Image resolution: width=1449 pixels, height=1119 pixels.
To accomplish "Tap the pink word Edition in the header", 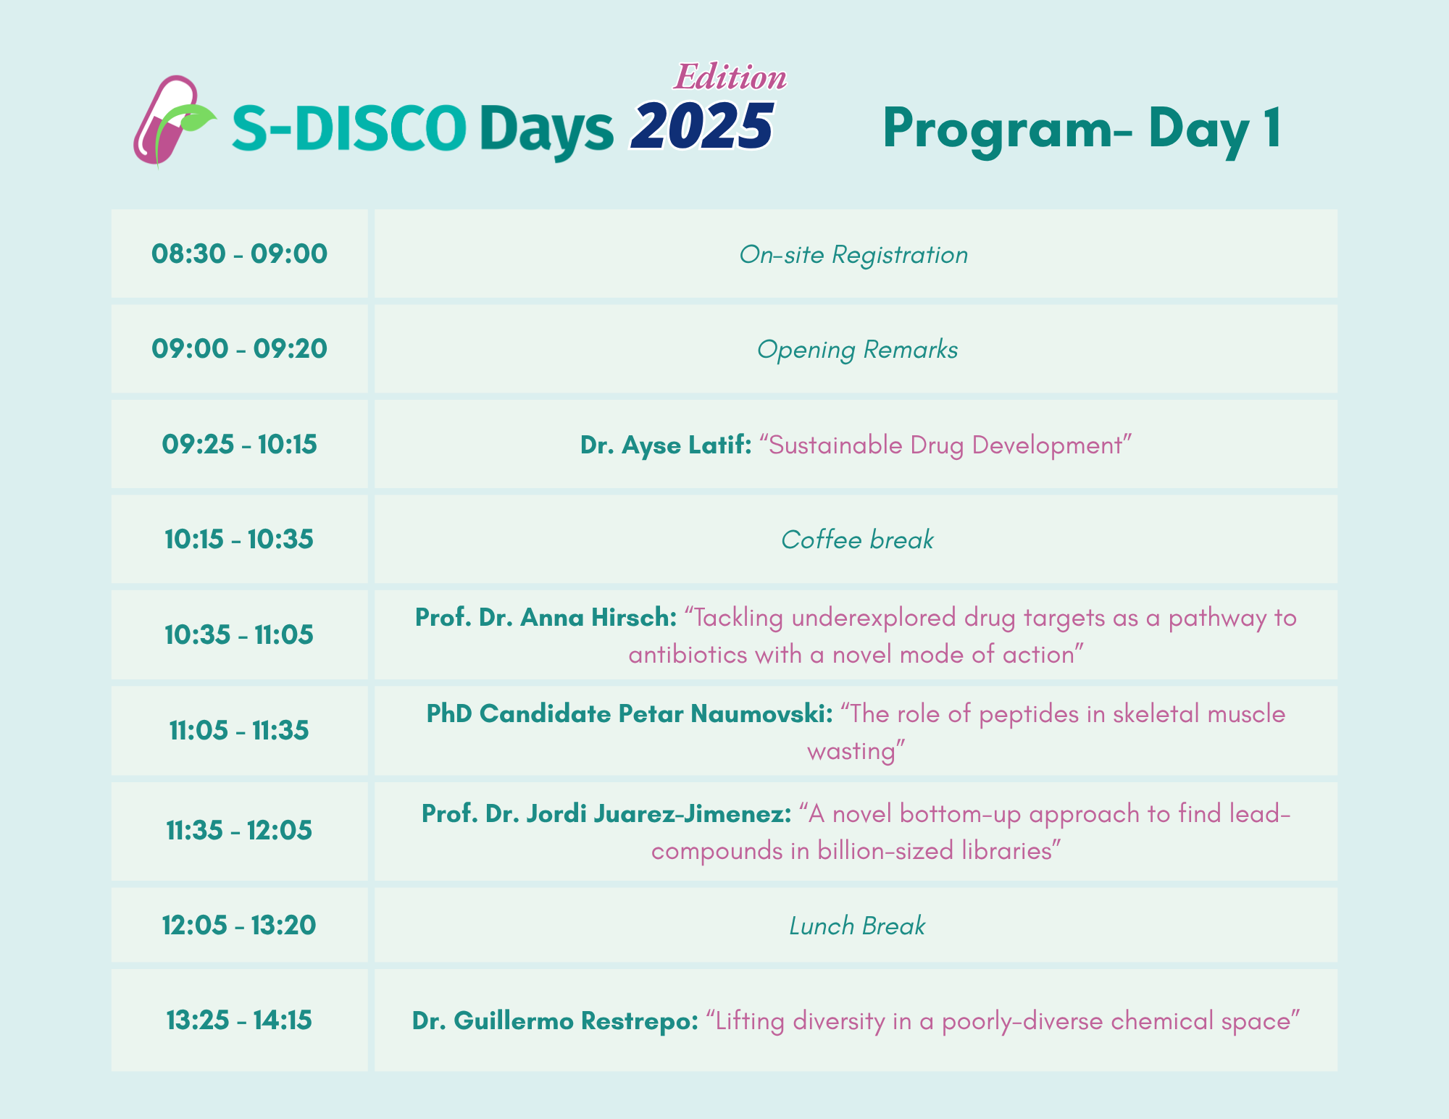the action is pos(730,77).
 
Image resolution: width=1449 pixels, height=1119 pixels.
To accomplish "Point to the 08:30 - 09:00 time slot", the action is pos(239,254).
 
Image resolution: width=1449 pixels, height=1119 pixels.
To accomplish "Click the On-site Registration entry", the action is pos(853,255).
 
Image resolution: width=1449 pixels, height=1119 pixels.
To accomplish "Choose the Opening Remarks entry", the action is pos(857,350).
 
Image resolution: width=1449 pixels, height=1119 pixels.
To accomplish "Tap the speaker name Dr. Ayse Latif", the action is pos(666,445).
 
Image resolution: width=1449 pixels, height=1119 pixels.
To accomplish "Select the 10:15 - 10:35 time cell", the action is pos(239,540).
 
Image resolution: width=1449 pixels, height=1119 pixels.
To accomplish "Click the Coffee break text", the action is pos(857,540).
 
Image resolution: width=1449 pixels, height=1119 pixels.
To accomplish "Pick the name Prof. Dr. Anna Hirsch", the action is pos(546,618).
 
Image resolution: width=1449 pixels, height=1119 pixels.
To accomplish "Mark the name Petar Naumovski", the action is pos(725,714).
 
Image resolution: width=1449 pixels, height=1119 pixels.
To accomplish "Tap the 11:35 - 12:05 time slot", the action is pos(239,830).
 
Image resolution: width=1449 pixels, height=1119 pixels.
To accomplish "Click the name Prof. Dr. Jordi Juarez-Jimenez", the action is pos(606,814).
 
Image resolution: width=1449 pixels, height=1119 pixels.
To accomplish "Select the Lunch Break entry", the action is pos(857,926).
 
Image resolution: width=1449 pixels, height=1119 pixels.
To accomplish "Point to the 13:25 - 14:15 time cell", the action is pos(239,1020).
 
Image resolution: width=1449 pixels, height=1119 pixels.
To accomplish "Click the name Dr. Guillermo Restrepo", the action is pos(555,1021).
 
